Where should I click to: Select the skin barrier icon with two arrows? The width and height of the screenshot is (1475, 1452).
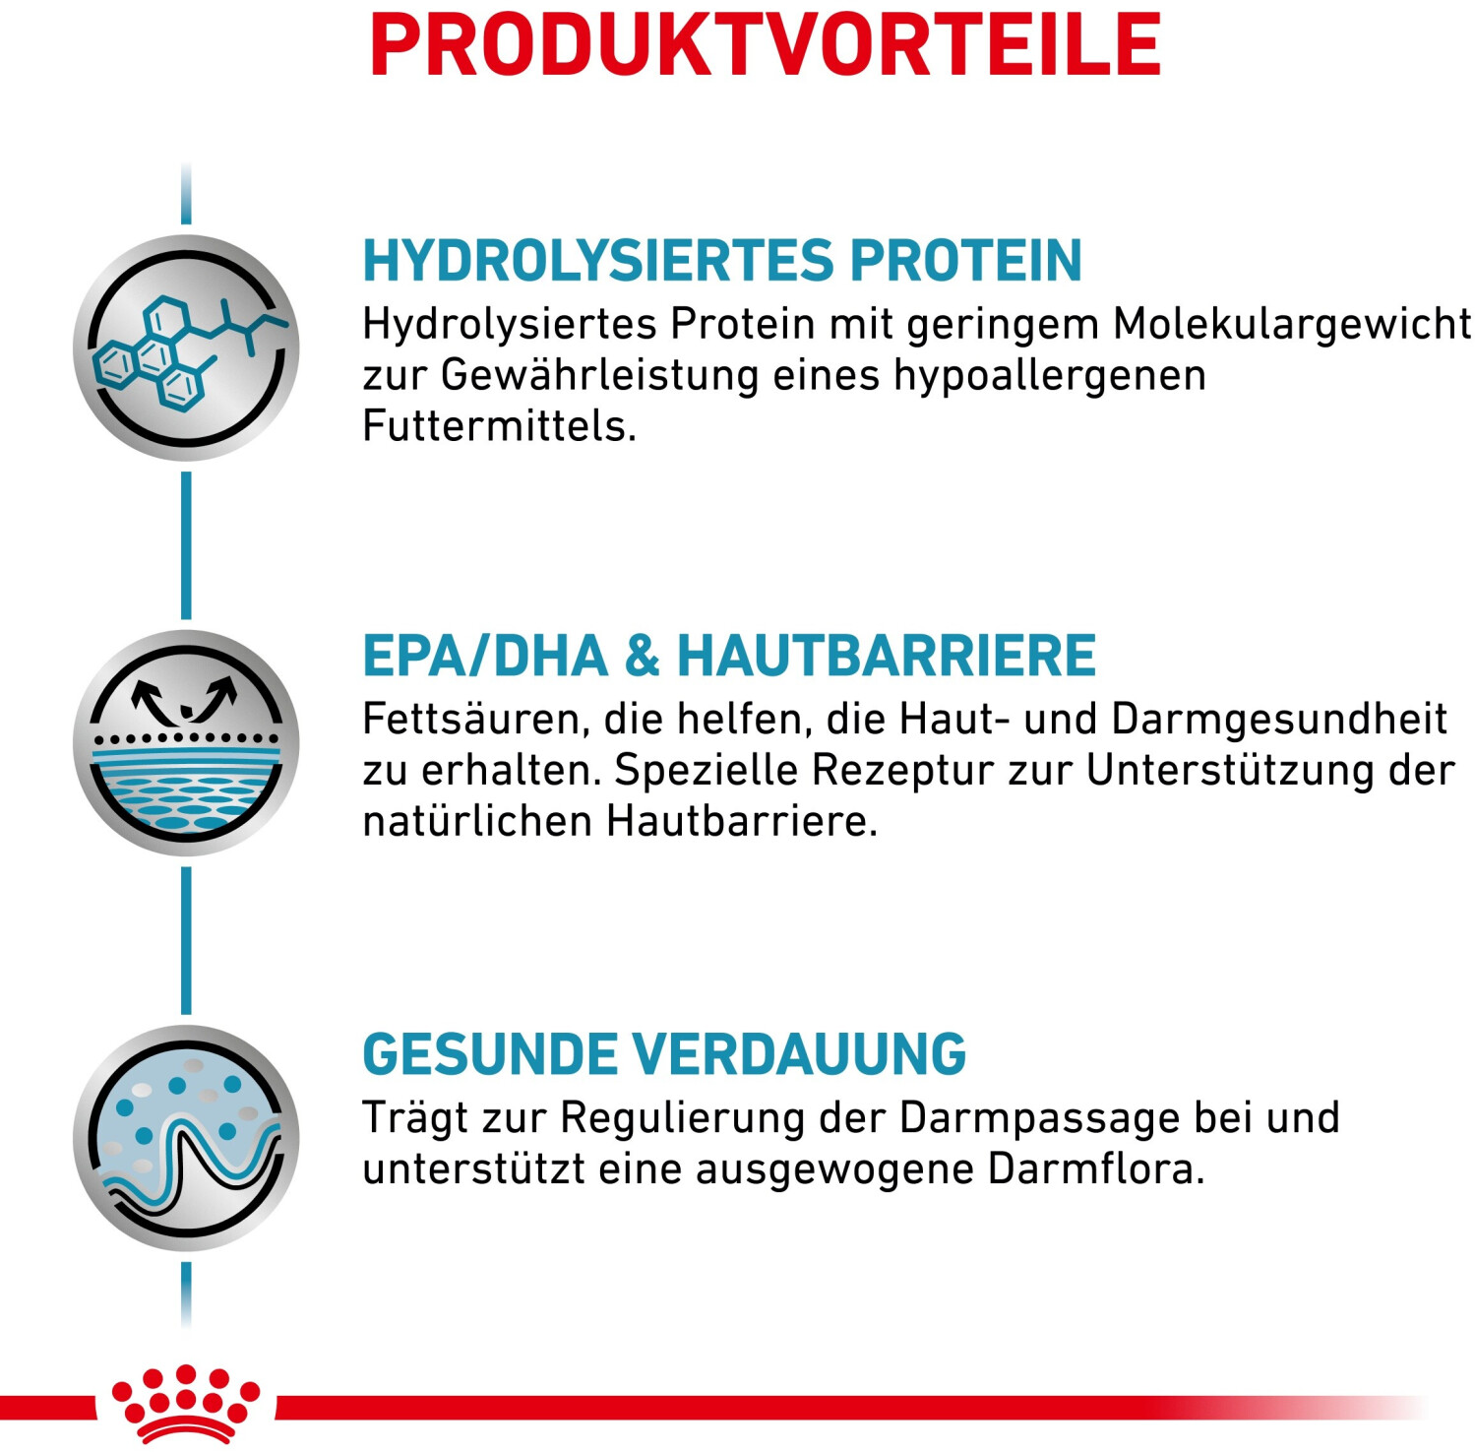tap(186, 743)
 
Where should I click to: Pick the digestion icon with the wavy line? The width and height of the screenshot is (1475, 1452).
tap(186, 1139)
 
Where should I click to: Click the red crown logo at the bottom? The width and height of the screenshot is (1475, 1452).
tap(186, 1404)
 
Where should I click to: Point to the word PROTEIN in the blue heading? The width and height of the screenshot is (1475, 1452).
tap(966, 261)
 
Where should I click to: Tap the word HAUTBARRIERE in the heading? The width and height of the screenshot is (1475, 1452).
tap(887, 656)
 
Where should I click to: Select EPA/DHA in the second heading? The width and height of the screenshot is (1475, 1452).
tap(485, 656)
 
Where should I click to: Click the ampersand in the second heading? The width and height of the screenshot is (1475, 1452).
tap(643, 657)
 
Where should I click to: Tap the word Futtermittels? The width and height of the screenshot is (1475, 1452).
tap(500, 426)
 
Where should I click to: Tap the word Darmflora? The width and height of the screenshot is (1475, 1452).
tap(1096, 1169)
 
